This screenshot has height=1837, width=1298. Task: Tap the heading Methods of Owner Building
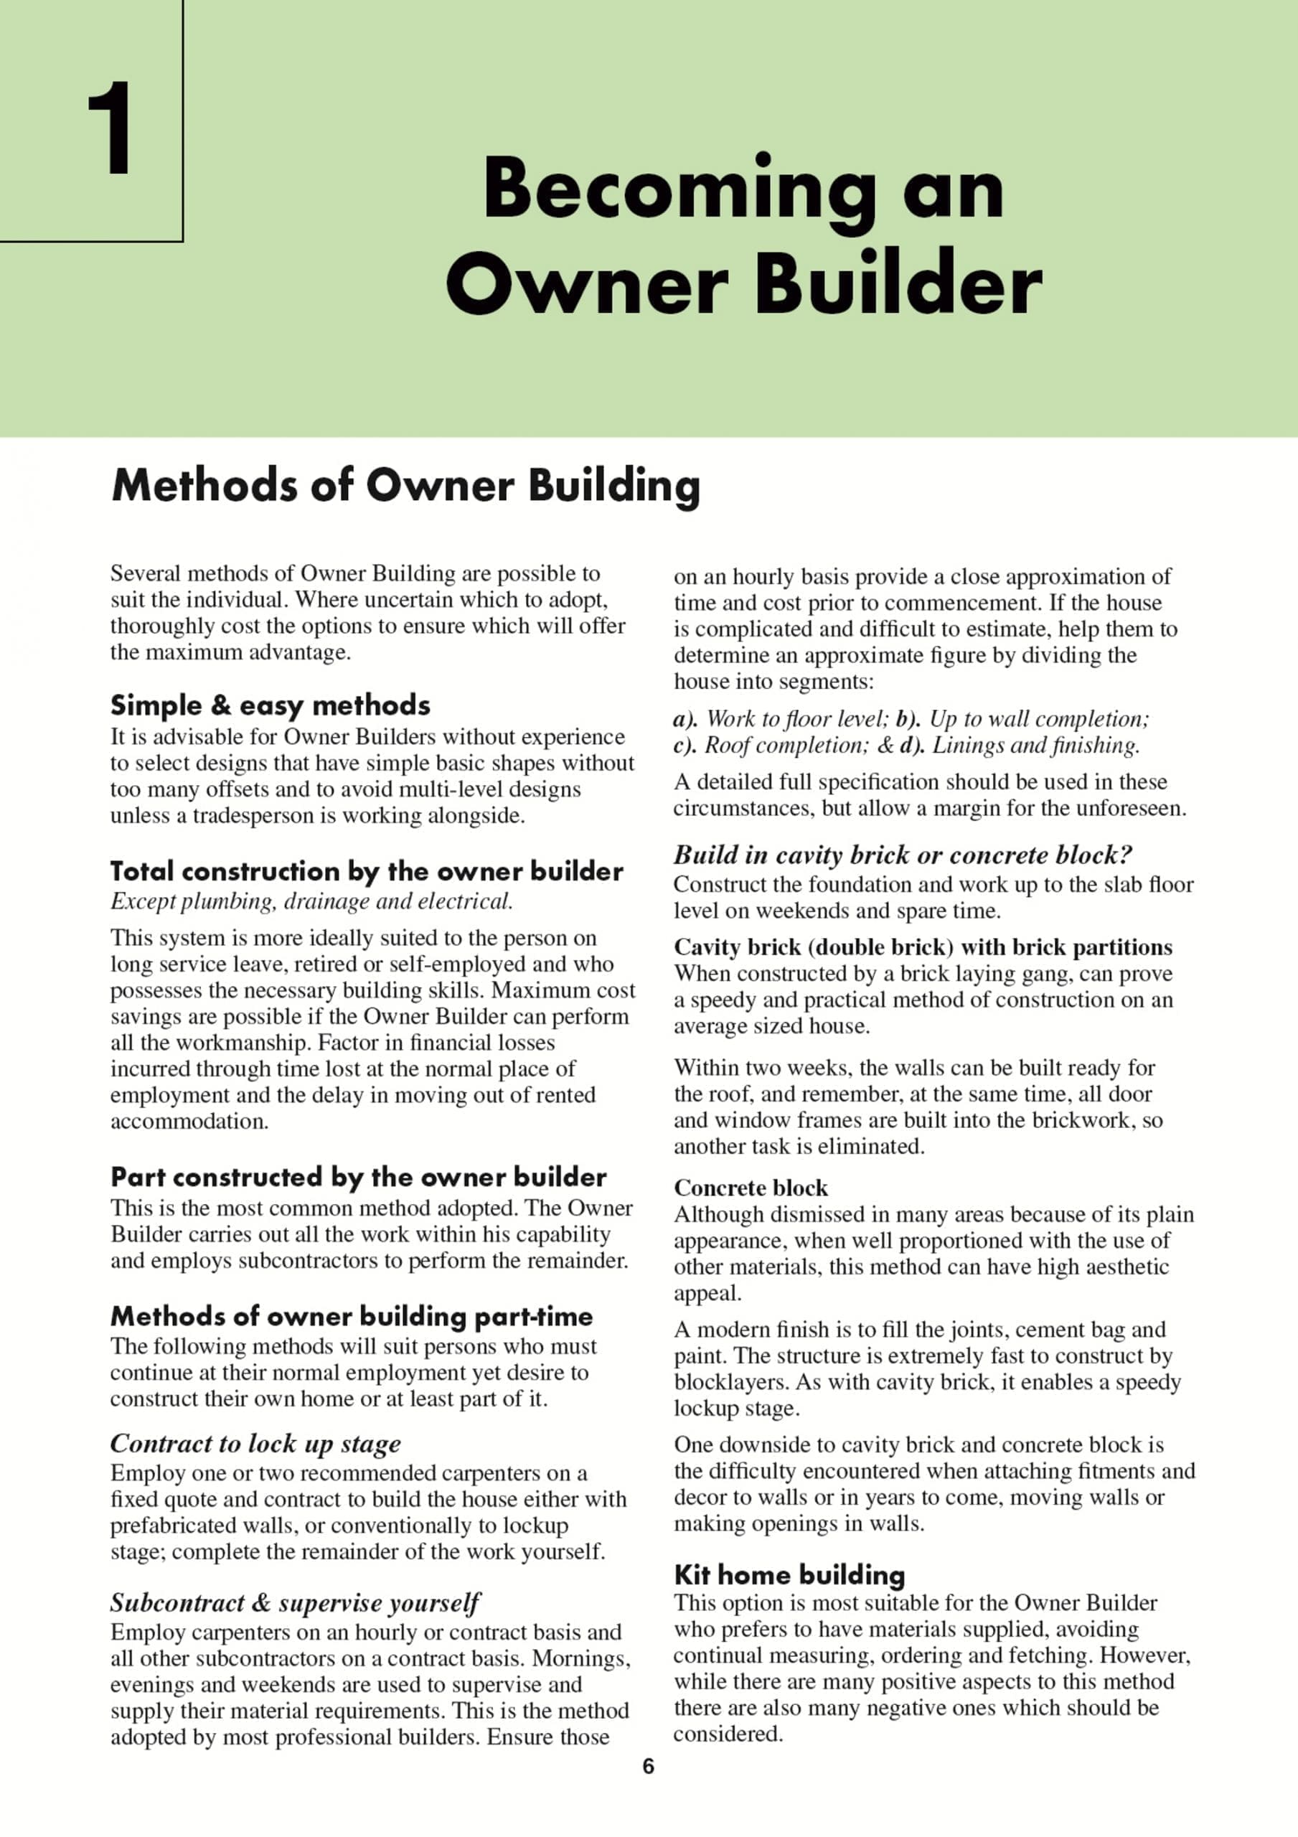point(405,485)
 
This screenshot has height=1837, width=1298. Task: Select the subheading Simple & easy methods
point(270,705)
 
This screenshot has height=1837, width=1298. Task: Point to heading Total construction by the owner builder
point(367,870)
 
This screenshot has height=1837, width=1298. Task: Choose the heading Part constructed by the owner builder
point(358,1177)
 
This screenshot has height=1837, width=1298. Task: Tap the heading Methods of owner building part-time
point(352,1316)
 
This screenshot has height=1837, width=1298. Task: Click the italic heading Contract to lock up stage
point(255,1442)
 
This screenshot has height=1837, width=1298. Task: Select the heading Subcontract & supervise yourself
point(294,1602)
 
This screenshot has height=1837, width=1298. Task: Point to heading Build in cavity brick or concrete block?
point(903,855)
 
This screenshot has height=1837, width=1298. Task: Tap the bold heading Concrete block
point(750,1188)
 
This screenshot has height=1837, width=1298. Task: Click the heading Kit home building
point(789,1574)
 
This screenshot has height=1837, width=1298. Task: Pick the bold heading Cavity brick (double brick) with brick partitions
point(923,946)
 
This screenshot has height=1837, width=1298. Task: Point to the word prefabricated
point(177,1525)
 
